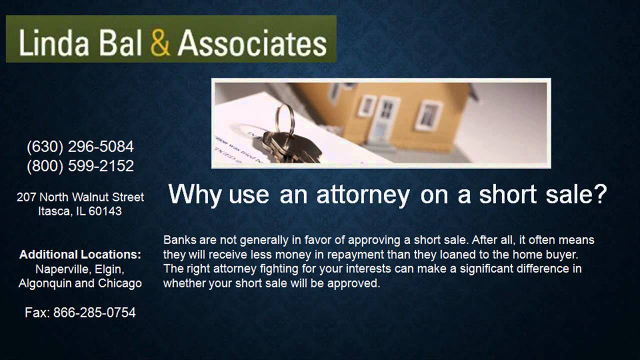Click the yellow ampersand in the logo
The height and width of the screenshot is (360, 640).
point(160,43)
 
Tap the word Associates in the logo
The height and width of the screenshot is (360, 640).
point(252,43)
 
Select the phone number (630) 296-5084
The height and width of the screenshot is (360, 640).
point(80,146)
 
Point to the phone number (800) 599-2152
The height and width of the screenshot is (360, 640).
point(80,165)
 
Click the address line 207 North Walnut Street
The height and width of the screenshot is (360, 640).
point(80,197)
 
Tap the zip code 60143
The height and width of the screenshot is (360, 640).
point(105,211)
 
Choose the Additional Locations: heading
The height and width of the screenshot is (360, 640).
point(80,254)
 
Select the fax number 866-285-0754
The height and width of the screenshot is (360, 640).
point(94,313)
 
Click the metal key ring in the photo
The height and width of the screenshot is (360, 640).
point(284,117)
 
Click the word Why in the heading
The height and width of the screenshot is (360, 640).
point(194,194)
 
